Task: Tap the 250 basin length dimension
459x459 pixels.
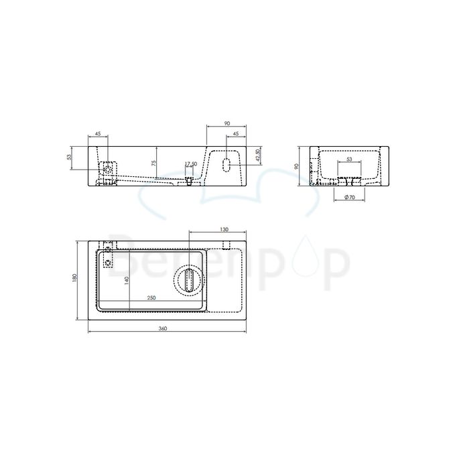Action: click(x=153, y=298)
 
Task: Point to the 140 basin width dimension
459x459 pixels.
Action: click(x=127, y=281)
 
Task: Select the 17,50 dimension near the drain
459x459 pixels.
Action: click(x=190, y=164)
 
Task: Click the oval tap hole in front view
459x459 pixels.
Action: click(x=226, y=165)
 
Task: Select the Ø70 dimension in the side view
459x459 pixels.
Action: click(x=348, y=197)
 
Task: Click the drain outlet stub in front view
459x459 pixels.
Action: click(x=190, y=180)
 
